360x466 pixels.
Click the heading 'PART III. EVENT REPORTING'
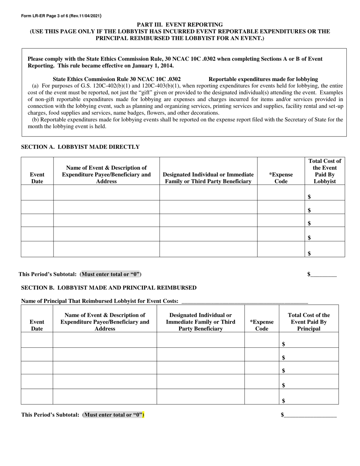tap(180, 25)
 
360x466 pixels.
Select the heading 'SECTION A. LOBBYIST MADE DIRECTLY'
tap(80, 147)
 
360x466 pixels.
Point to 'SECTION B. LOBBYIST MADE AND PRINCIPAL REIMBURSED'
tap(108, 288)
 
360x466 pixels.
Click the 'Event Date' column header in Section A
tap(37, 178)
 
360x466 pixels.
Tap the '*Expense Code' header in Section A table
tap(281, 178)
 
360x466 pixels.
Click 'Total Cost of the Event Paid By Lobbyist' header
tap(325, 171)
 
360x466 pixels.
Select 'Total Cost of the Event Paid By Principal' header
tap(308, 322)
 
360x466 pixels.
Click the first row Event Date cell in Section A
tap(37, 192)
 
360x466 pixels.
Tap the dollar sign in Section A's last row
tap(310, 253)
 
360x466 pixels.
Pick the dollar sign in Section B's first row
tap(284, 344)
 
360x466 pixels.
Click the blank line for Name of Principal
tap(245, 302)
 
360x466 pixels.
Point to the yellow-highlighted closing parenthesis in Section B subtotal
tap(143, 415)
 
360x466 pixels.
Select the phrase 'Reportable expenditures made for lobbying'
tap(263, 79)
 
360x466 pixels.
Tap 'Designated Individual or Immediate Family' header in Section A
tap(208, 178)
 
